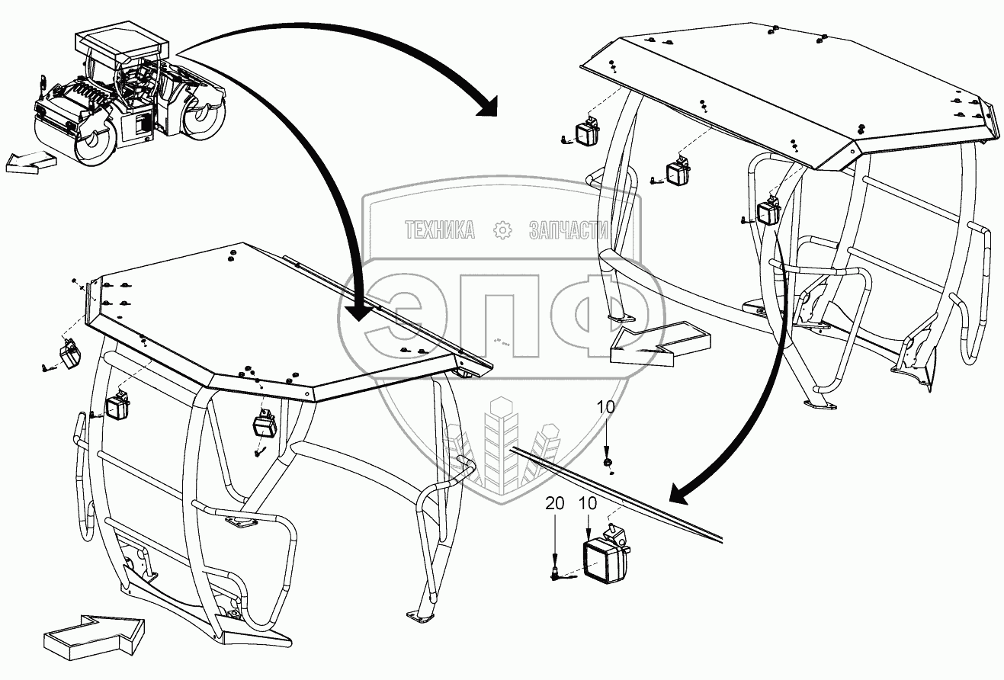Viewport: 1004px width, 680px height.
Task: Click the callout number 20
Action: [555, 504]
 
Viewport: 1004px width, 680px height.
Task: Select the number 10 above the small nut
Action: [605, 407]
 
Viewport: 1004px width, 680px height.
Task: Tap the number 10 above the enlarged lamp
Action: [588, 504]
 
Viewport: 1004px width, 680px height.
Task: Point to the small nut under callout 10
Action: [607, 462]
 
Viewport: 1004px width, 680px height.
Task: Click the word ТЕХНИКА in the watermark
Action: [439, 230]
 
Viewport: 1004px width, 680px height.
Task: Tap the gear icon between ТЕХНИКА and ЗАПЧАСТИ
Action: [502, 230]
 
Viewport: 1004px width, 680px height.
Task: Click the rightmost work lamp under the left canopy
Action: [265, 424]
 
